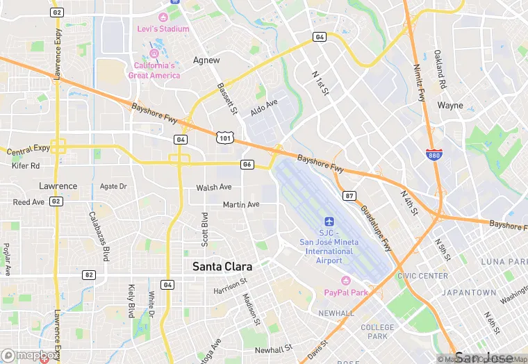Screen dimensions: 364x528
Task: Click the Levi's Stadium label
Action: pyautogui.click(x=164, y=28)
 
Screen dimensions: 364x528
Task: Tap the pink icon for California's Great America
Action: pyautogui.click(x=154, y=53)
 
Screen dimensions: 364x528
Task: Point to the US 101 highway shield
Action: pyautogui.click(x=224, y=138)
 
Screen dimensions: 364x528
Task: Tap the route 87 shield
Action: pyautogui.click(x=349, y=195)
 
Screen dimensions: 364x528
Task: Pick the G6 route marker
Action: pyautogui.click(x=247, y=164)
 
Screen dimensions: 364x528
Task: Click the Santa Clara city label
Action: pyautogui.click(x=222, y=267)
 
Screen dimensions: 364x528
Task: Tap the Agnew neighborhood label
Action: pyautogui.click(x=206, y=60)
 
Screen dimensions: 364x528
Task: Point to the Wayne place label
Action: pyautogui.click(x=450, y=106)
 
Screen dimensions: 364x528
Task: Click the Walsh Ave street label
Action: pyautogui.click(x=214, y=188)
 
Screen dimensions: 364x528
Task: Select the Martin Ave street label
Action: pyautogui.click(x=241, y=204)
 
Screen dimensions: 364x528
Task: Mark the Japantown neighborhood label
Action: pyautogui.click(x=469, y=292)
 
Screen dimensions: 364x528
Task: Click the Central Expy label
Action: pyautogui.click(x=28, y=148)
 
